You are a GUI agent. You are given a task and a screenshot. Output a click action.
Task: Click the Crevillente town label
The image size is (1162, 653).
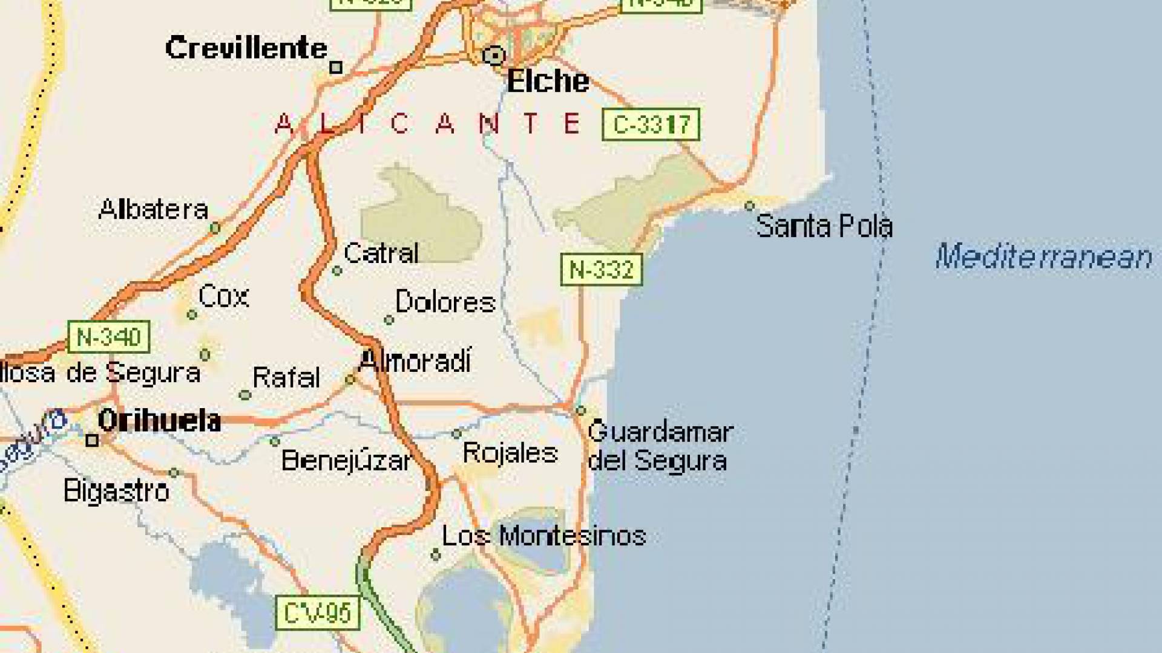click(246, 48)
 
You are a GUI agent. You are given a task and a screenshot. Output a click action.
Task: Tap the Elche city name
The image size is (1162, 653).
click(547, 81)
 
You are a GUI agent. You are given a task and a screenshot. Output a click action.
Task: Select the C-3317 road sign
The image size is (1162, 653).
click(651, 125)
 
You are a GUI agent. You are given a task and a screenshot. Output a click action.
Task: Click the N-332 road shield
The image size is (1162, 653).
click(601, 270)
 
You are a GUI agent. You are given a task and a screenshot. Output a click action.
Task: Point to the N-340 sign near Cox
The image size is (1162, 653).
click(108, 337)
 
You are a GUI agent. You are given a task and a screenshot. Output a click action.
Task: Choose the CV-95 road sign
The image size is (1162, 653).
click(318, 613)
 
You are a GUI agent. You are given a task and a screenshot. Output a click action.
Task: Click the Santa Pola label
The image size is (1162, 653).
click(824, 226)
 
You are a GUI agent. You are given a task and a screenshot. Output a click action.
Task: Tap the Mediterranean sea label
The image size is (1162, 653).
click(1043, 256)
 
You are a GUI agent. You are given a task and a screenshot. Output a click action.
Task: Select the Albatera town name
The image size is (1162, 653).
click(153, 210)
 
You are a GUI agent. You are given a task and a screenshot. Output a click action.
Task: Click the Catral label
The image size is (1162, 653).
click(381, 253)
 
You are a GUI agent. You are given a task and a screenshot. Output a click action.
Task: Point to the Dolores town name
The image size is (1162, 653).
click(445, 302)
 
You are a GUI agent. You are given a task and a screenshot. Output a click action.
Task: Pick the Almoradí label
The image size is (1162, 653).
click(415, 362)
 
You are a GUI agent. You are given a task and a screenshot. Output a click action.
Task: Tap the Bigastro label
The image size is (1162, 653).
click(116, 491)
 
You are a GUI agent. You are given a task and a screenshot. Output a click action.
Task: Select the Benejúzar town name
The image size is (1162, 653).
click(346, 461)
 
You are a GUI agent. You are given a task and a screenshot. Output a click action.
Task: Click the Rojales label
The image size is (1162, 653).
click(510, 453)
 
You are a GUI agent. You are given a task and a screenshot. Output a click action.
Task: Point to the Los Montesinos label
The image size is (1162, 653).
click(543, 536)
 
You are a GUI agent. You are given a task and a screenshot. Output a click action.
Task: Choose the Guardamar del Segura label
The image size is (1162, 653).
click(660, 446)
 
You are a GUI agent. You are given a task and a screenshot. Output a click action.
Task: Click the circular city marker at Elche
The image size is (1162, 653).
click(494, 56)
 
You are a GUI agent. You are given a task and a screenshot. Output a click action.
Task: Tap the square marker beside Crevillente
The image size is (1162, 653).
click(336, 68)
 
